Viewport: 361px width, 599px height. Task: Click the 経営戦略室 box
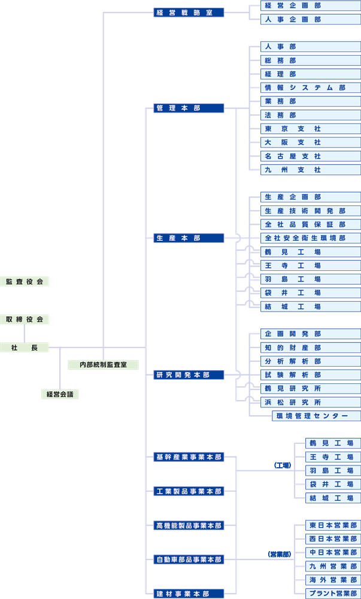(189, 12)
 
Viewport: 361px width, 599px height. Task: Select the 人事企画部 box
(311, 19)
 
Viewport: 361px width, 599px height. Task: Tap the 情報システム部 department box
(311, 87)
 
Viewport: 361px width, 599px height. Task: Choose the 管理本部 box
(189, 108)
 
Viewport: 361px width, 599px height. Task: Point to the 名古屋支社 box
(311, 156)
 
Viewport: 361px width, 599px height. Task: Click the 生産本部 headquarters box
(189, 238)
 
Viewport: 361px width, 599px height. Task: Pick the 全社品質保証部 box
(311, 225)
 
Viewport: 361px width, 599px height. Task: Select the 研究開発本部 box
(189, 375)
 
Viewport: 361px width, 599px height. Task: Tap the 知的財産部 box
(311, 348)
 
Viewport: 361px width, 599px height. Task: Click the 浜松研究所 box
(311, 403)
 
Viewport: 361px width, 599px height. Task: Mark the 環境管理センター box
(317, 416)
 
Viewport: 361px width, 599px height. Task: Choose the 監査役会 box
(25, 282)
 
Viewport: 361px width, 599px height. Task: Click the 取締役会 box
(25, 320)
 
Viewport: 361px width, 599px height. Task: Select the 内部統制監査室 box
(104, 364)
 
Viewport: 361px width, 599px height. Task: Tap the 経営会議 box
(60, 394)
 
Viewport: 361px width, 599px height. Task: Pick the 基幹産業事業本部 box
(189, 457)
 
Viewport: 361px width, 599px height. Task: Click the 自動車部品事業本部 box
(189, 559)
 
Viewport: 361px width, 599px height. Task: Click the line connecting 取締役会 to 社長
(25, 334)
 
